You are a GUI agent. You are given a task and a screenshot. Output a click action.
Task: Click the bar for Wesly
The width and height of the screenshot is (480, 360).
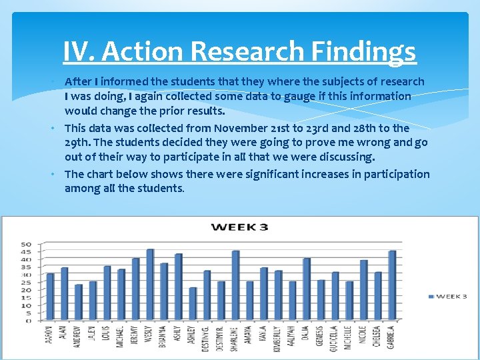[150, 285]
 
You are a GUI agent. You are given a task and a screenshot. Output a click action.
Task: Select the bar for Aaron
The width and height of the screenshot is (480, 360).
[50, 297]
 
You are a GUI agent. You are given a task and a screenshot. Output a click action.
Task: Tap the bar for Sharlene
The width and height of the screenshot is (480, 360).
[235, 286]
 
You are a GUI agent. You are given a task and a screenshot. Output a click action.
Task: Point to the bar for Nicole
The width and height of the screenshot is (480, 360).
[363, 291]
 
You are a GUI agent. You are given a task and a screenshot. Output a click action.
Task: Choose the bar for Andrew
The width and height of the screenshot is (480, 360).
[79, 303]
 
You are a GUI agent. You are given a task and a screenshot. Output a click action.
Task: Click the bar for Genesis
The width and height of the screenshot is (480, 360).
[321, 301]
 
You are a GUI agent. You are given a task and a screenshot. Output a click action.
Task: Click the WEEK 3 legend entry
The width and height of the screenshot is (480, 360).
[448, 296]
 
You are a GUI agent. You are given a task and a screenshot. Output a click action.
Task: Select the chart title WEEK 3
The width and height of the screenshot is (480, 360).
[239, 227]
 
